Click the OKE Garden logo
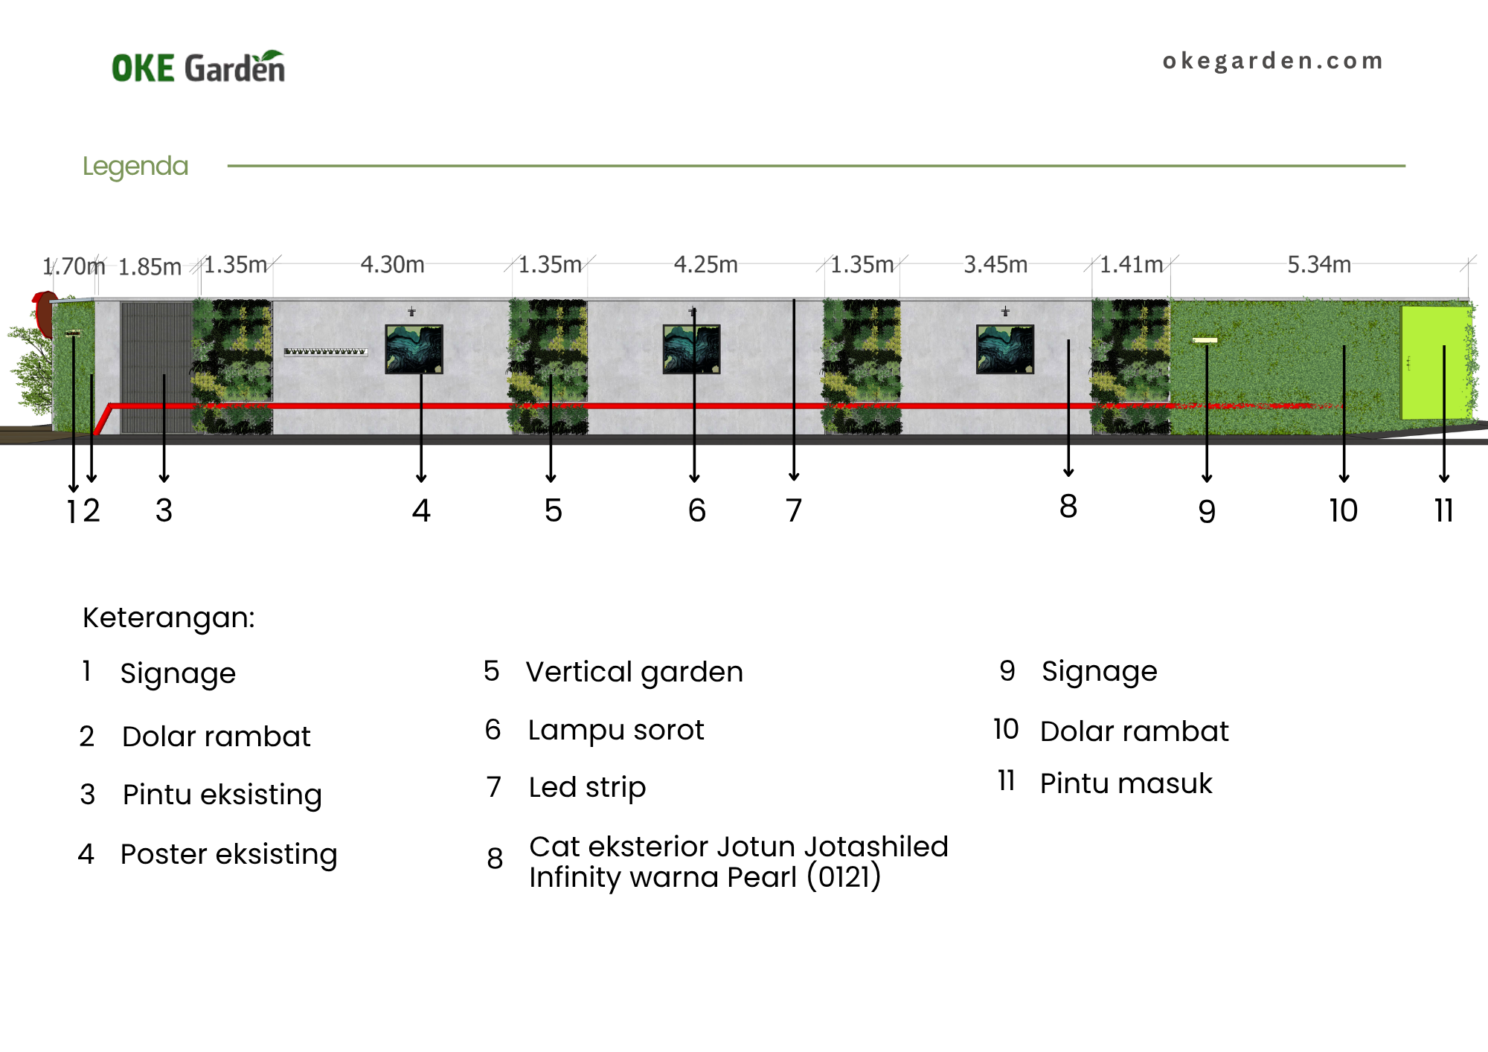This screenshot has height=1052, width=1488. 199,66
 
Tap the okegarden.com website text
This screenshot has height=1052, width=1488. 1273,60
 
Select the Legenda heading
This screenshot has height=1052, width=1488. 135,166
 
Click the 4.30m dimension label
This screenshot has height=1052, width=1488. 393,264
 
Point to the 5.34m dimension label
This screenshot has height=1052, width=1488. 1319,264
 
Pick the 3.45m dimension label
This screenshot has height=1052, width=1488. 995,264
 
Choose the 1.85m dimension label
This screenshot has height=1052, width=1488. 150,266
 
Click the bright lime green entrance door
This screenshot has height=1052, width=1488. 1436,362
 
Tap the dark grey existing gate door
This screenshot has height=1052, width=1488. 157,368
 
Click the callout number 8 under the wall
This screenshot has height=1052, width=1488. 1068,506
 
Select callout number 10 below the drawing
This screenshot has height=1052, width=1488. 1344,510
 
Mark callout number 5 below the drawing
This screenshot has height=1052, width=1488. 553,510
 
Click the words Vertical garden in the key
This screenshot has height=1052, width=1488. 635,672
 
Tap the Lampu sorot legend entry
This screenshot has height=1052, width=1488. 616,731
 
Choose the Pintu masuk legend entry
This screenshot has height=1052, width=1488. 1126,783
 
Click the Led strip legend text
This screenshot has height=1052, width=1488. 587,787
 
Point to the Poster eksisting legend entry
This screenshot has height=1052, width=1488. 229,854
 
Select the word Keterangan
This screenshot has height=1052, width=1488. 169,618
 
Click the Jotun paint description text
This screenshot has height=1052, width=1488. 739,862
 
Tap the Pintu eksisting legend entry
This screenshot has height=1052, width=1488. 222,795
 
